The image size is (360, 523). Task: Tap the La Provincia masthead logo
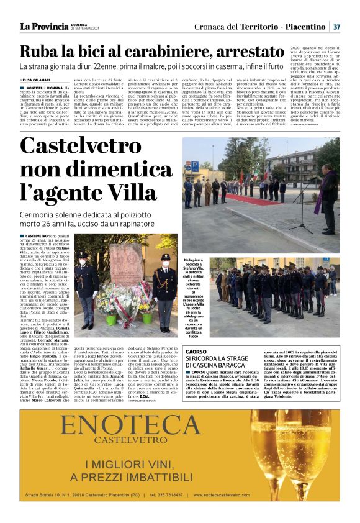coord(43,26)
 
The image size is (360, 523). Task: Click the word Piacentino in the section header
coord(304,27)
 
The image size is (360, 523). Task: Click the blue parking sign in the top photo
coord(189,167)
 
